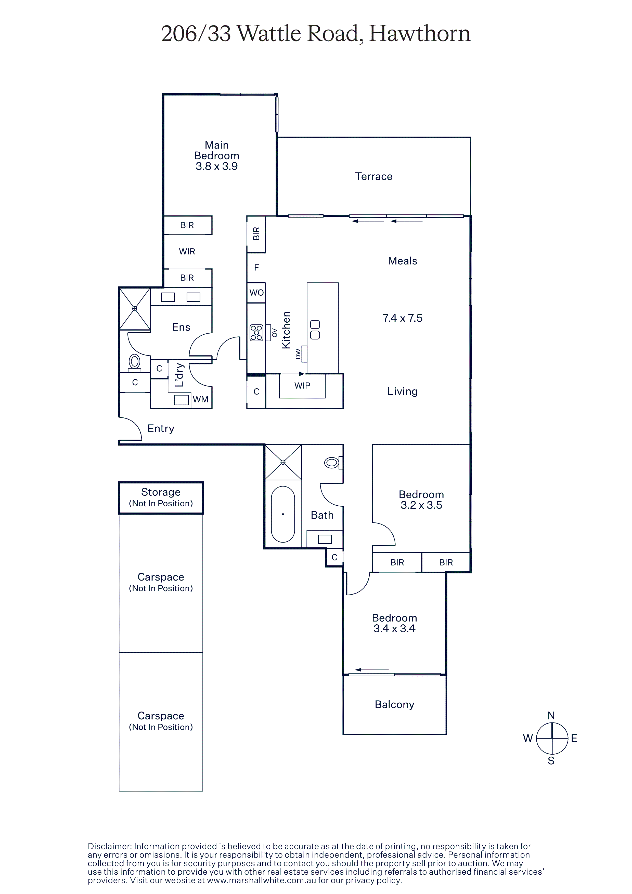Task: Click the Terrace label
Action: pos(373,176)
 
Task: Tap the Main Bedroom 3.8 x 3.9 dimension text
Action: pos(216,166)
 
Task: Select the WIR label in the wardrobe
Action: pos(187,252)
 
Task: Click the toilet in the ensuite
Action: pos(134,362)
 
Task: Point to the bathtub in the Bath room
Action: pos(283,514)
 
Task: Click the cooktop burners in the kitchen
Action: pos(256,333)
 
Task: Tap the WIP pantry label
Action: pos(302,386)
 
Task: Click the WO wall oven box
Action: pos(256,292)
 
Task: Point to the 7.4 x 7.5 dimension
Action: pos(402,318)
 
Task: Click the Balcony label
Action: pos(394,704)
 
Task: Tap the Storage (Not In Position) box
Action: pos(161,498)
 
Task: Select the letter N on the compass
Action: pos(551,715)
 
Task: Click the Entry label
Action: pos(161,429)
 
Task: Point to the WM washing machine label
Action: pos(201,400)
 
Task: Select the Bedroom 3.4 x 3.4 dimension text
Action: pos(394,628)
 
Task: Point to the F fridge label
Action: pos(256,268)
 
